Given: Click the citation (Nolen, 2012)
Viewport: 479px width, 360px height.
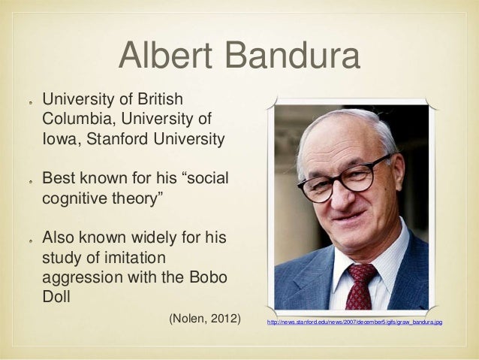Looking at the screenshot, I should [204, 320].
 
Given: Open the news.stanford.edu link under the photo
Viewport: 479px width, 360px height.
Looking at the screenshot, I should [350, 322].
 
